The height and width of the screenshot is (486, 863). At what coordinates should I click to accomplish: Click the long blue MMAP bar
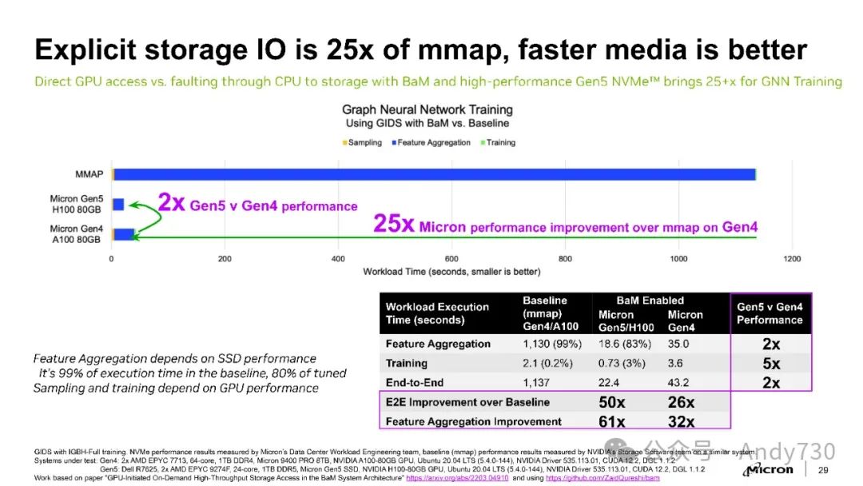click(x=435, y=174)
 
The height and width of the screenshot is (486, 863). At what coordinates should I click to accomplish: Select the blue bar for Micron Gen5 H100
click(x=118, y=205)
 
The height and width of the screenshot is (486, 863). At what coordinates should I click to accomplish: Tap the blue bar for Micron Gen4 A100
click(x=124, y=234)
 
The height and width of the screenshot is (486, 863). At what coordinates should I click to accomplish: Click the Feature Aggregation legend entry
click(x=431, y=142)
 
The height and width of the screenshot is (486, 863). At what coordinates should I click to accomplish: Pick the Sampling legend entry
click(x=364, y=142)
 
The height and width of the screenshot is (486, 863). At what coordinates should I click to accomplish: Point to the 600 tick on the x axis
click(x=452, y=259)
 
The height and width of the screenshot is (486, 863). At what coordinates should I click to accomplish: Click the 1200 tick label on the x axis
click(x=792, y=259)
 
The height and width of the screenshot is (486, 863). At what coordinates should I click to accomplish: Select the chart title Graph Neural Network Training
click(x=428, y=110)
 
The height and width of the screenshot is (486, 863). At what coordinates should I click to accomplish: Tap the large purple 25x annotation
click(x=393, y=225)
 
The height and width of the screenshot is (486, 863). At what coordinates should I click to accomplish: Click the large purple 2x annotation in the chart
click(x=171, y=202)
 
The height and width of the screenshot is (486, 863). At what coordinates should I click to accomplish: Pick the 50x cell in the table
click(x=612, y=401)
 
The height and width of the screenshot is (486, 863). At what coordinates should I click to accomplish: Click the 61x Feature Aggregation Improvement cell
click(x=612, y=421)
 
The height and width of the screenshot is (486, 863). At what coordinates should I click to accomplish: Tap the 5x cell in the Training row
click(x=771, y=363)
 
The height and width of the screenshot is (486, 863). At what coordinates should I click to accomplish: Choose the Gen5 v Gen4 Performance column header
click(x=770, y=313)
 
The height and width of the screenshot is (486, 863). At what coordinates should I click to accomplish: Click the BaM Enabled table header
click(x=650, y=301)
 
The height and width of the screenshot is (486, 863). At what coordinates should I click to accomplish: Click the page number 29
click(x=823, y=470)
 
